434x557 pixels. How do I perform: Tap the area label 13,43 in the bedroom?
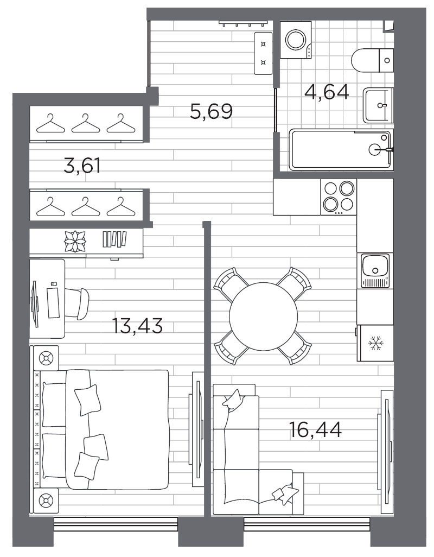click(137, 326)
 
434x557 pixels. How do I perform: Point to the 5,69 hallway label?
click(211, 112)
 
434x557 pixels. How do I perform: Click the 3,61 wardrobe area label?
click(82, 166)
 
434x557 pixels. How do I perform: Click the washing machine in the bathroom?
click(296, 40)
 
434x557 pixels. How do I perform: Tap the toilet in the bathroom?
click(372, 60)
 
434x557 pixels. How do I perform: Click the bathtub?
click(340, 149)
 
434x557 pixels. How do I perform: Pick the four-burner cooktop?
click(340, 196)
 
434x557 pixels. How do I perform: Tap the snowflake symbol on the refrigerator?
click(375, 343)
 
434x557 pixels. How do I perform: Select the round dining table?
click(263, 317)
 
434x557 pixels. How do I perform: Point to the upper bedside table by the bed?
click(46, 358)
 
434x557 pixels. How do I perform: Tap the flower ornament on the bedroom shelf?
click(75, 242)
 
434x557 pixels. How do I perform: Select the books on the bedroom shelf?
click(114, 239)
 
